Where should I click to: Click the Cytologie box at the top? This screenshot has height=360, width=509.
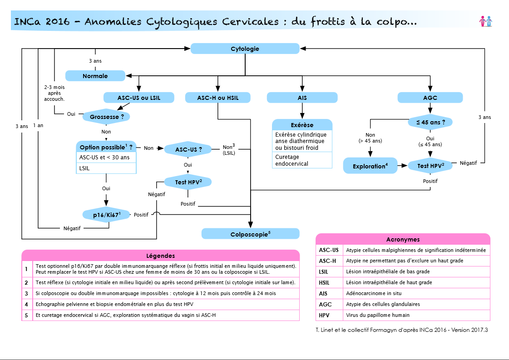(245, 49)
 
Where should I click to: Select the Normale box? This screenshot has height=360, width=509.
(95, 76)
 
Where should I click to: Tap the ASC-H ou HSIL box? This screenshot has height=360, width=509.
(218, 98)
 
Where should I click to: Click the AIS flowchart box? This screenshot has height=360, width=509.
(302, 98)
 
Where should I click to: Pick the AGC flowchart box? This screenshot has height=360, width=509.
(430, 98)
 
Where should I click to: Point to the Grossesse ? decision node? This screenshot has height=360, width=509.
(106, 117)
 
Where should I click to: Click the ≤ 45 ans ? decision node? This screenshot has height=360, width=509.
(430, 123)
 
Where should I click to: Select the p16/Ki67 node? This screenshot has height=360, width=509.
(106, 215)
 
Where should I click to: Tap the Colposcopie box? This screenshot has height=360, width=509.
(250, 234)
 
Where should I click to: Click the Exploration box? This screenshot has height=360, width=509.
(371, 166)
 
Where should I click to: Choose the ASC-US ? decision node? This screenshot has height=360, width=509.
(188, 149)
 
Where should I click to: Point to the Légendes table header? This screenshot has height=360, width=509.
(161, 256)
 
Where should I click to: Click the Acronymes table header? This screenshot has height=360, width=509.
(403, 239)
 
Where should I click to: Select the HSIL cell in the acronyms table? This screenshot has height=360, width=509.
(329, 283)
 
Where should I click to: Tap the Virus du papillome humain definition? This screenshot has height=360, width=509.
(378, 315)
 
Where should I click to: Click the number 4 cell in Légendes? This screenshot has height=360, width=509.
(27, 305)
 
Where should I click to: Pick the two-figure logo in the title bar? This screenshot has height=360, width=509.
(486, 21)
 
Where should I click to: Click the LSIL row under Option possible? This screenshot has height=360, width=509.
(106, 168)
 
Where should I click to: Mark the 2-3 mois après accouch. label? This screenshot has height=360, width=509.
(54, 93)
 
